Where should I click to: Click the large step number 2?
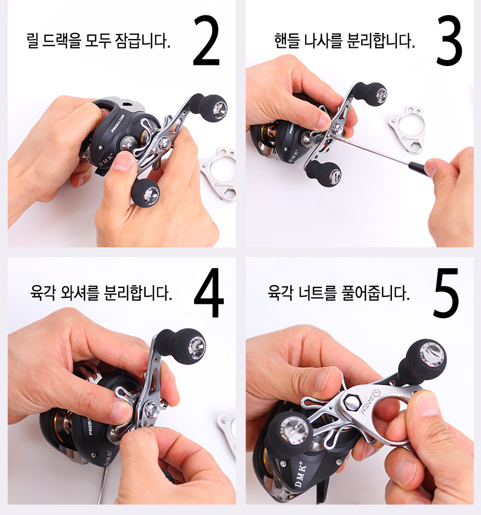[x=206, y=40]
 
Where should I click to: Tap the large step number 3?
[x=449, y=40]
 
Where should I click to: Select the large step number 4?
[x=209, y=292]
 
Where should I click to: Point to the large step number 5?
[x=446, y=292]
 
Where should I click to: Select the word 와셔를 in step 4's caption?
[x=80, y=292]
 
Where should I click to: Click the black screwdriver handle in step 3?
[x=419, y=169]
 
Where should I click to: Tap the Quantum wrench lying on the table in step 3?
[x=406, y=130]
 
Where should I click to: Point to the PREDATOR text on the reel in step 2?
[x=117, y=124]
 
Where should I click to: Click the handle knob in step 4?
[x=181, y=346]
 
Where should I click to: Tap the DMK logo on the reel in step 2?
[x=106, y=159]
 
